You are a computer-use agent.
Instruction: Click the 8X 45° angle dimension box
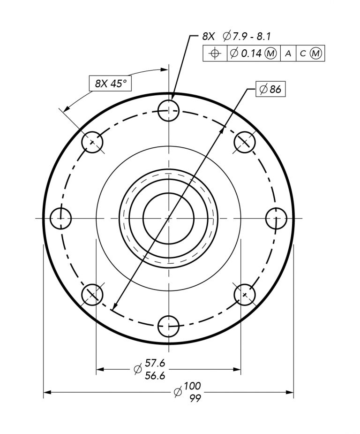click(x=110, y=84)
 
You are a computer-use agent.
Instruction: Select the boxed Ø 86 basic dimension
click(x=270, y=89)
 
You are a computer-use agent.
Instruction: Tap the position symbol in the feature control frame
click(x=215, y=53)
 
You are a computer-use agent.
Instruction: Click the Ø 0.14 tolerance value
click(x=246, y=53)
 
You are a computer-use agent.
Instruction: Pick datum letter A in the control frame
click(x=288, y=53)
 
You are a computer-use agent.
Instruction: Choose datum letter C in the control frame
click(x=303, y=53)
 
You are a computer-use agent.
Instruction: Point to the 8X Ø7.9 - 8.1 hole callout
click(x=236, y=36)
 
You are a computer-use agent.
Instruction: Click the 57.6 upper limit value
click(x=155, y=362)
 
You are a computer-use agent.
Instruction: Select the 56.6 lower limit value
click(x=155, y=375)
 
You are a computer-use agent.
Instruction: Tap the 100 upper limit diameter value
click(x=192, y=385)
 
